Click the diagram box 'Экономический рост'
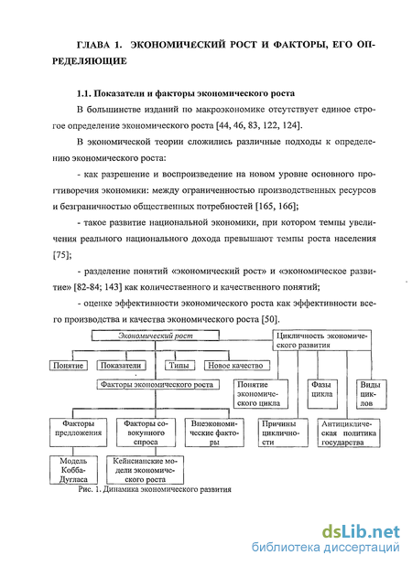[156, 336]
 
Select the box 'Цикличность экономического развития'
[321, 340]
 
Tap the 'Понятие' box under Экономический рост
[69, 366]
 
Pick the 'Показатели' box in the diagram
[121, 366]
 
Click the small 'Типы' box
[179, 366]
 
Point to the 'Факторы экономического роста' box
[157, 384]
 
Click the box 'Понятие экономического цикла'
[261, 394]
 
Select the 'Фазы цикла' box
[322, 394]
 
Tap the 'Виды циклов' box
[371, 394]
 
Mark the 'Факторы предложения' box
[79, 433]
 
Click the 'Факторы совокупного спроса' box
[146, 433]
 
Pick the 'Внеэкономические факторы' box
[214, 433]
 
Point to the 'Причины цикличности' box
[283, 433]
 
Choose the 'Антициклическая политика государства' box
[349, 433]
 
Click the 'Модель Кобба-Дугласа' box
[74, 470]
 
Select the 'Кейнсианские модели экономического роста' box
[145, 470]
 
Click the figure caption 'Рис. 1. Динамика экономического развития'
[155, 489]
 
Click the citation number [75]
[62, 255]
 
